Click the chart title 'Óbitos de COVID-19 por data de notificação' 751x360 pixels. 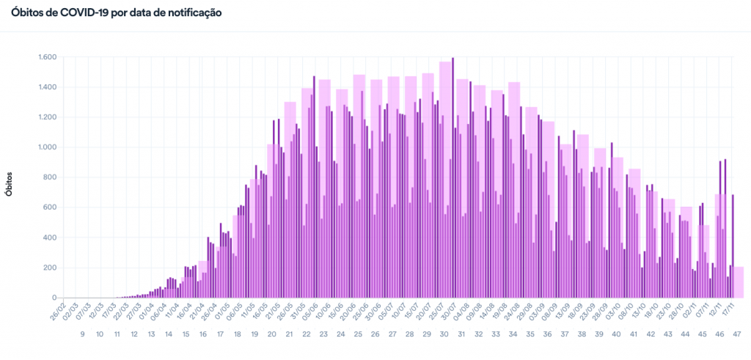[116, 13]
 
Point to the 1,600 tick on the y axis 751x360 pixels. [47, 57]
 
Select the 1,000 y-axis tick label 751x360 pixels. [47, 147]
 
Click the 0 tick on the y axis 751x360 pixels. [54, 298]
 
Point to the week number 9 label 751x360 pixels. [82, 334]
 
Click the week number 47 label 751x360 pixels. [737, 334]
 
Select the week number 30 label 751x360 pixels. [444, 334]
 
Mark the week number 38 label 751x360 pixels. [582, 334]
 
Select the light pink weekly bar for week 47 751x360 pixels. [739, 282]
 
